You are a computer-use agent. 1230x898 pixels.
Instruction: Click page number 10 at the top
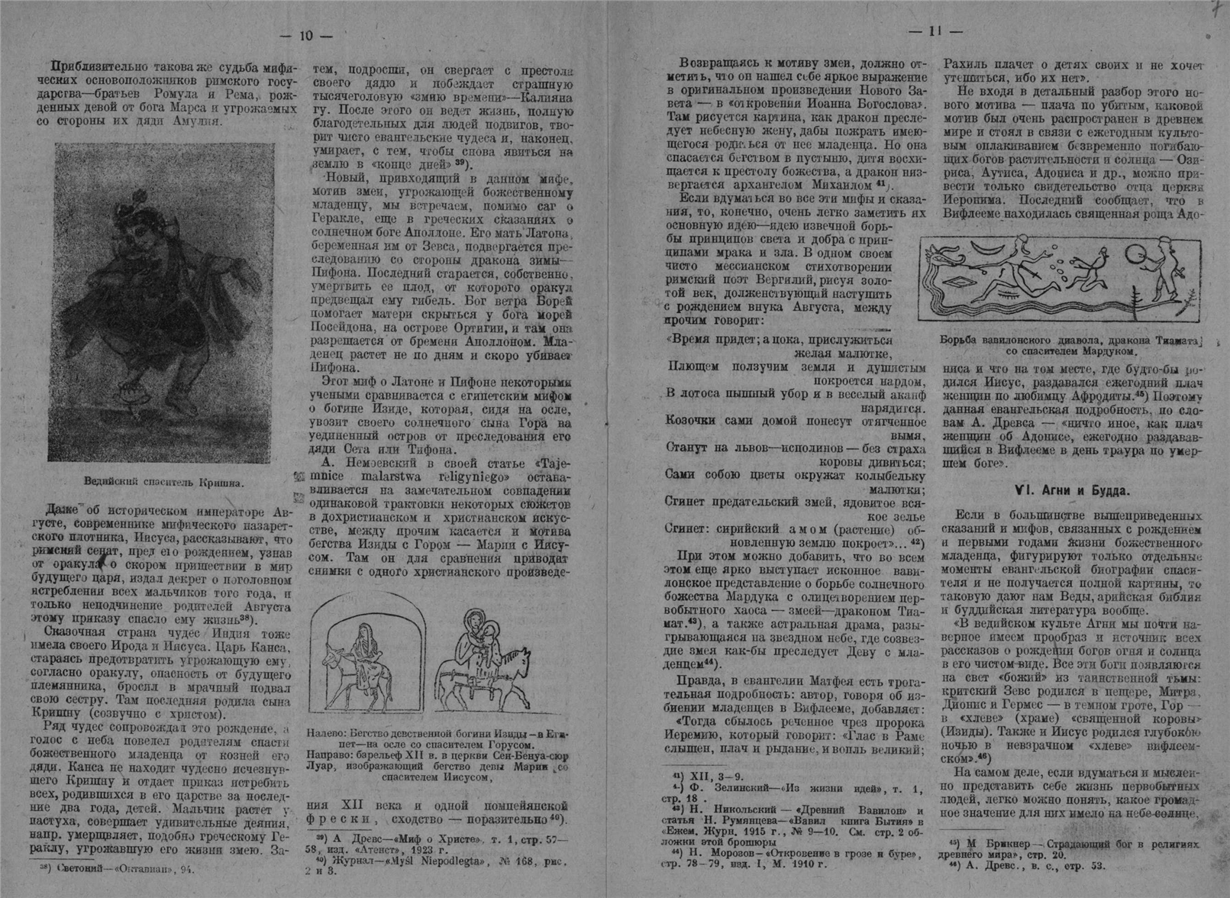tap(305, 36)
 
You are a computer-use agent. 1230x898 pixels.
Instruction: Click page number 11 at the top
tap(934, 31)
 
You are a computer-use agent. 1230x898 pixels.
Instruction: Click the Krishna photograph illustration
tap(161, 302)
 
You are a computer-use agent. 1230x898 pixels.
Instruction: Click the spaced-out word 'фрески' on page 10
tap(339, 819)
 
